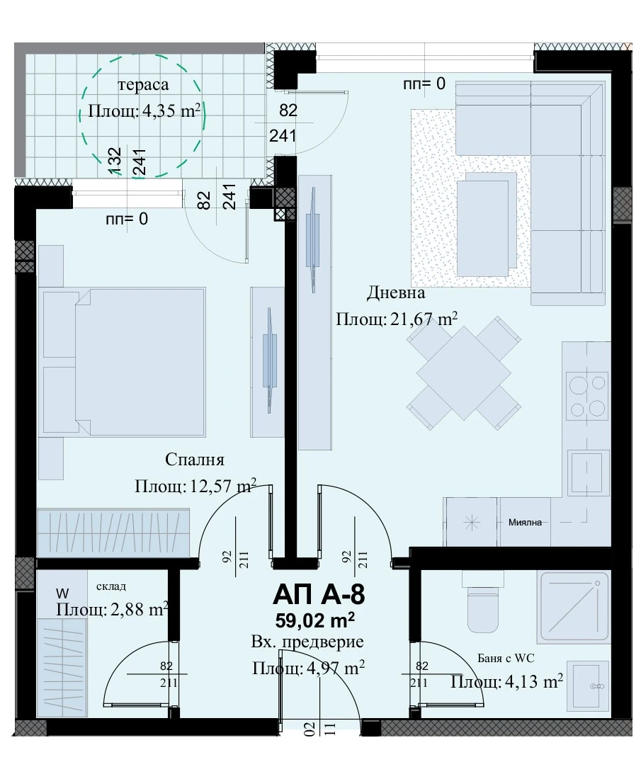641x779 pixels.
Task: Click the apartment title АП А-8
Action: click(x=319, y=594)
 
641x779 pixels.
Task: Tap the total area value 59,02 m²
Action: click(x=315, y=620)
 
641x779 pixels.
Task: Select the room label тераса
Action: click(x=143, y=85)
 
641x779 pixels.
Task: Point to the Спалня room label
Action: click(x=194, y=460)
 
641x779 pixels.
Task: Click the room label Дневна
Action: click(x=396, y=292)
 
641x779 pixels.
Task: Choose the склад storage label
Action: click(x=110, y=587)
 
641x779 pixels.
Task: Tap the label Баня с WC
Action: click(x=506, y=659)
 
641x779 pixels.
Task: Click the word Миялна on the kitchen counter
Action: click(x=525, y=522)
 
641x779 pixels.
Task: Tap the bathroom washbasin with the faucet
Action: click(x=587, y=685)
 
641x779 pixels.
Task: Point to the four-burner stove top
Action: click(x=587, y=397)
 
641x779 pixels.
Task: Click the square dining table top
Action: click(x=464, y=373)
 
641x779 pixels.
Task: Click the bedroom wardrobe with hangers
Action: click(x=113, y=533)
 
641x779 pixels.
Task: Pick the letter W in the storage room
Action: click(x=62, y=593)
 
